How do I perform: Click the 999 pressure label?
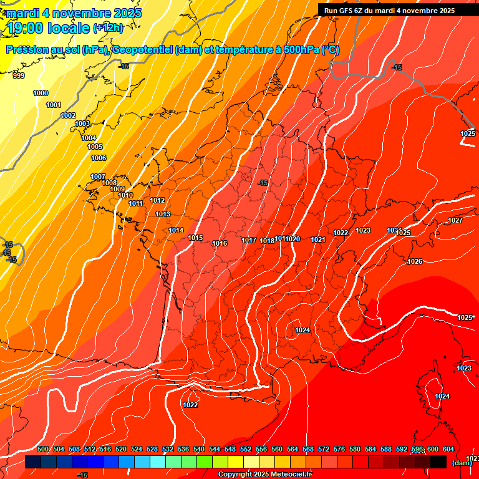coord(19,75)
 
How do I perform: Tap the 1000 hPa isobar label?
coord(41,93)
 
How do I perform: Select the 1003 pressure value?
coord(82,123)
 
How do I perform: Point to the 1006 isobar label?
coord(99,158)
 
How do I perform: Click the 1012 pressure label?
coord(157,200)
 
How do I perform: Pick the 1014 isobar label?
coord(176,230)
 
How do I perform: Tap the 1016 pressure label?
coord(220,243)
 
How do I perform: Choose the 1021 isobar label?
coord(318,239)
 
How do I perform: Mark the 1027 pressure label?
coord(455,220)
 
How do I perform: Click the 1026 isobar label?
coord(415,261)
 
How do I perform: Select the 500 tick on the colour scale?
coord(43,449)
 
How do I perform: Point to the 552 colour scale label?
coord(246,449)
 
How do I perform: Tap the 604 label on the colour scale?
coord(448,449)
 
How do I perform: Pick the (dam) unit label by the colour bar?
coord(462,463)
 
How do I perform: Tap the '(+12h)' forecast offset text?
coord(108,27)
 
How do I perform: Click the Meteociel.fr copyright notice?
coord(264,475)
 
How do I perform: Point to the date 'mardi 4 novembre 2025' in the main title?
coord(74,12)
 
